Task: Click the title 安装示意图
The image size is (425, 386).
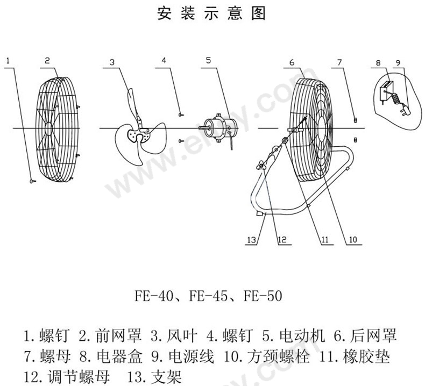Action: point(211,13)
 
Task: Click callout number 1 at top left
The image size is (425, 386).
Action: point(8,61)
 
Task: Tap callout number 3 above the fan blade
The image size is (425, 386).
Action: point(112,62)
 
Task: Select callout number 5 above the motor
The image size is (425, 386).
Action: point(208,60)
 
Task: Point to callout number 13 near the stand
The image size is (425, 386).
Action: point(252,240)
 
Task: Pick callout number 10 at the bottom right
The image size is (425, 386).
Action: point(353,239)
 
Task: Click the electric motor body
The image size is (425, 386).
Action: point(221,128)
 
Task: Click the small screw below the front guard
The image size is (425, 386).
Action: point(33,181)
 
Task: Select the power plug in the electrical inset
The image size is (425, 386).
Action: point(405,111)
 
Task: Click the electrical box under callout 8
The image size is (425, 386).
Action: point(385,91)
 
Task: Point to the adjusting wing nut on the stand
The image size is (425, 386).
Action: point(261,166)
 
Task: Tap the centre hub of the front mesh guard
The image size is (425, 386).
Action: point(48,128)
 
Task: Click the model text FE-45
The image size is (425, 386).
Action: point(208,296)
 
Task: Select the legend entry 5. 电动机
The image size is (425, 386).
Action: point(293,335)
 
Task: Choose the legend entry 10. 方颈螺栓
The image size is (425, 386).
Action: point(266,357)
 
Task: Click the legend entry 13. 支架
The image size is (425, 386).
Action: point(154,377)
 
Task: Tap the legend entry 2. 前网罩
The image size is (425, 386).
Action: point(110,335)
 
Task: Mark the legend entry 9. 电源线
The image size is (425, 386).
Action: point(183,357)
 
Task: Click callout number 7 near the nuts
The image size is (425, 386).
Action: point(339,62)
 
